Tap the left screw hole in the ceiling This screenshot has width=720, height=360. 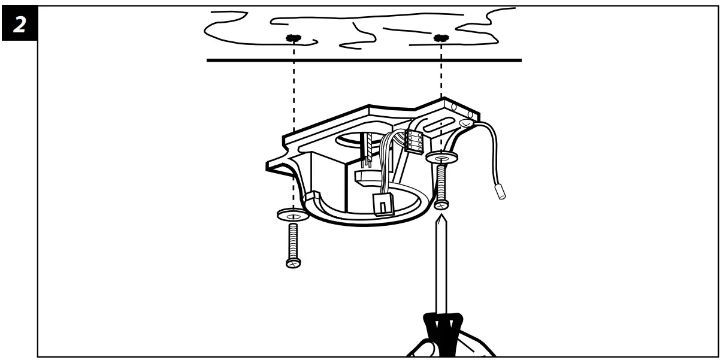coord(292,38)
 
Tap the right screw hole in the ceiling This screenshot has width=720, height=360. coord(441,38)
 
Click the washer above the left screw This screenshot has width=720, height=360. coord(292,214)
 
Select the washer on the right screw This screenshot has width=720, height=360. coord(441,158)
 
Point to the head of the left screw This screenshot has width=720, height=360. coord(293,262)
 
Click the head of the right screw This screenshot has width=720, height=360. coord(441,204)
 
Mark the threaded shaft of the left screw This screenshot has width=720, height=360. coord(293,241)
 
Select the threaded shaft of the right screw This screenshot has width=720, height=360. coord(441,182)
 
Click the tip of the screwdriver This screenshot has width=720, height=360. coord(441,219)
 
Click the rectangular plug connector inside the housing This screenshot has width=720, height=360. coord(382,204)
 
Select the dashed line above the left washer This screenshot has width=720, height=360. coord(293,120)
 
